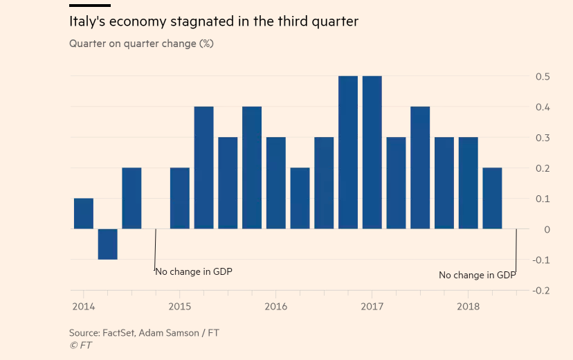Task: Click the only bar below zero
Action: (107, 244)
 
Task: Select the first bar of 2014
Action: (84, 213)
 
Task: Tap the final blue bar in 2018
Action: (492, 198)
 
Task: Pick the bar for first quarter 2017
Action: (372, 152)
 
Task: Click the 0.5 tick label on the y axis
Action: (543, 76)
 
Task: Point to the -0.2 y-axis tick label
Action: (541, 290)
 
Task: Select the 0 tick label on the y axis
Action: (547, 229)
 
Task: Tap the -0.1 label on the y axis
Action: (541, 260)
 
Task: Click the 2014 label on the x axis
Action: (83, 306)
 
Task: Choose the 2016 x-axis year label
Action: (275, 306)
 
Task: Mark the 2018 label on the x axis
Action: (469, 306)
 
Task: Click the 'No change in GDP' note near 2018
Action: (477, 276)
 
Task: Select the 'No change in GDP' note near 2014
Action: (194, 271)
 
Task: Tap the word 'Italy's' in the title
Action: (88, 21)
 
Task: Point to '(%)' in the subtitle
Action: (206, 44)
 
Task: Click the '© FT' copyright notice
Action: (80, 345)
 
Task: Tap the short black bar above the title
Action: (90, 6)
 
